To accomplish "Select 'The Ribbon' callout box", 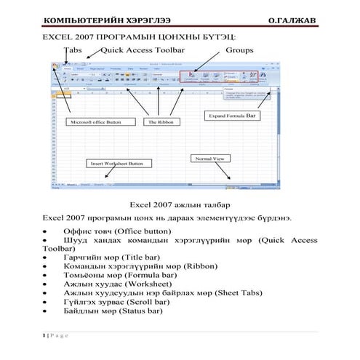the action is (x=159, y=122).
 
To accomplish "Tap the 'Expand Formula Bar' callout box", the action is (x=232, y=115).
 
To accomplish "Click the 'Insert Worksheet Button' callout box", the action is (x=116, y=164).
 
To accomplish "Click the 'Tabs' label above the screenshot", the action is (x=73, y=50).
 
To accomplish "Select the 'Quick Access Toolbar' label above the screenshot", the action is (x=143, y=50).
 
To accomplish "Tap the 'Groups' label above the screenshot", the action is (x=239, y=50).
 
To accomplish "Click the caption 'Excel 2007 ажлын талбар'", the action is (x=179, y=205).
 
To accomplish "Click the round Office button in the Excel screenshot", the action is (x=55, y=66).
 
